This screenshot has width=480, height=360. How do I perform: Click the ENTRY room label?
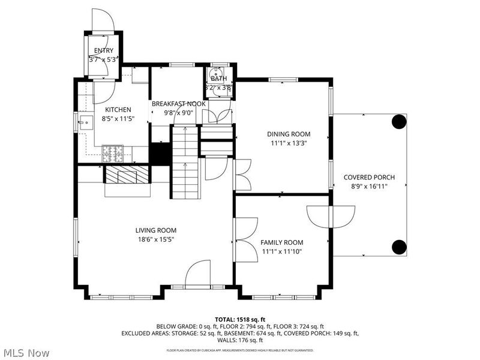(104, 50)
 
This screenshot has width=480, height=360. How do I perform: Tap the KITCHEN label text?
(118, 110)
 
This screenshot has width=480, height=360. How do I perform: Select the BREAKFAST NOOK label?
(178, 104)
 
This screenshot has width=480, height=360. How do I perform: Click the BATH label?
(219, 79)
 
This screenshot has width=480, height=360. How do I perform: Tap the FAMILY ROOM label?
(281, 242)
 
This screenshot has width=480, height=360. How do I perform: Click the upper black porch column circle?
(398, 122)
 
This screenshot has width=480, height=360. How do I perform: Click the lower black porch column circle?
(398, 246)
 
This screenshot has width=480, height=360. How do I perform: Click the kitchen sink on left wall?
(86, 124)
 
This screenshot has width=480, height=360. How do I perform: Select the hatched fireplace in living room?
(127, 175)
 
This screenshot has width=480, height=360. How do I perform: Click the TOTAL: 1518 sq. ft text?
(239, 319)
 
